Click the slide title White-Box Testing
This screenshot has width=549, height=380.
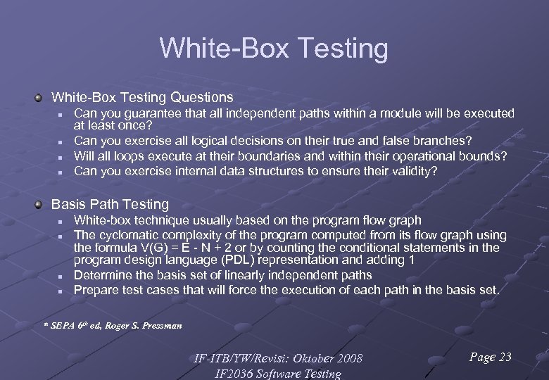[x=274, y=49]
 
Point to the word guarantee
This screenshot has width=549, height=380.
[x=148, y=113]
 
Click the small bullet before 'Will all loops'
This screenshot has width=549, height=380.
[x=61, y=157]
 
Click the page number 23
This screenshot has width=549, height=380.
[x=504, y=357]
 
